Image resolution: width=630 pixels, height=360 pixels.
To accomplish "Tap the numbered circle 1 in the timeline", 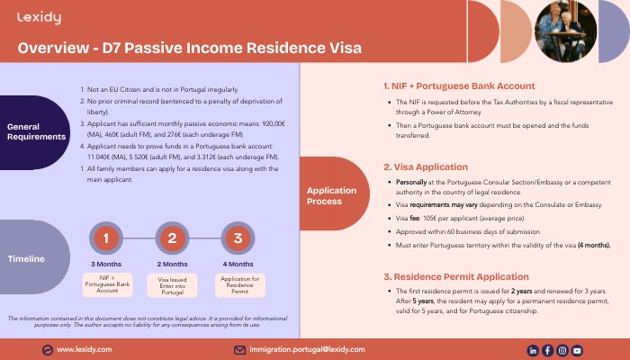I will (106, 238).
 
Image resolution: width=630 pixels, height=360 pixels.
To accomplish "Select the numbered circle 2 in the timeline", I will (171, 238).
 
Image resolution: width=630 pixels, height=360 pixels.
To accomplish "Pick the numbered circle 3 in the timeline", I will (238, 238).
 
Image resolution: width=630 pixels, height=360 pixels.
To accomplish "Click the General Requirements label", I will (36, 131).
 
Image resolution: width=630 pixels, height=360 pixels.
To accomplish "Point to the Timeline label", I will (26, 257).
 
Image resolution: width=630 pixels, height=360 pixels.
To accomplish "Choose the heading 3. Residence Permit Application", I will (456, 276).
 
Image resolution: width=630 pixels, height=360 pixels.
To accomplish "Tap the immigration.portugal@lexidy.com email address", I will (307, 349).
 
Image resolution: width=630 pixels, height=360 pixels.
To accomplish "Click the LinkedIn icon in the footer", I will (533, 350).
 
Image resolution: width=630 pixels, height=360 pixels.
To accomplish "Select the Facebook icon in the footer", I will (547, 350).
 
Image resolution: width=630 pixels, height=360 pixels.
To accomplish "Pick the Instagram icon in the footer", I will (562, 350).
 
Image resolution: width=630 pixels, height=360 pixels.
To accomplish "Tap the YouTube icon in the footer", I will (577, 350).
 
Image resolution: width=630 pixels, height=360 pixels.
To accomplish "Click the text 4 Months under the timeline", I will (238, 264).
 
